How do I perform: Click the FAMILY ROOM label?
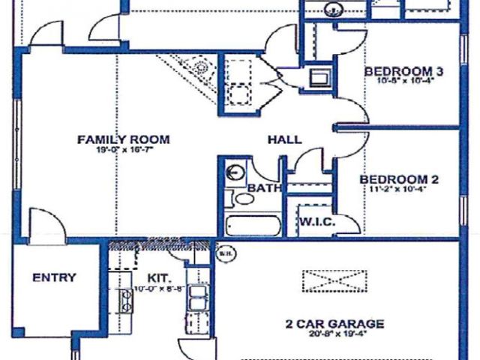[x=123, y=139]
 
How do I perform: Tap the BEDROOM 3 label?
[x=403, y=72]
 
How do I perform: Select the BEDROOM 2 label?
[x=399, y=180]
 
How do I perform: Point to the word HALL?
[x=285, y=139]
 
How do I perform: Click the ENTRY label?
[x=54, y=277]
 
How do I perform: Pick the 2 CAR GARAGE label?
[x=334, y=324]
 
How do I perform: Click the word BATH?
[x=264, y=187]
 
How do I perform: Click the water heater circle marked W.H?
[x=224, y=253]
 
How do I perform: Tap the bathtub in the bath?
[x=252, y=226]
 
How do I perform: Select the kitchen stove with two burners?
[x=127, y=300]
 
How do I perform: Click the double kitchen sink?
[x=198, y=298]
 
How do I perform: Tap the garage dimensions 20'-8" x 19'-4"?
[x=334, y=334]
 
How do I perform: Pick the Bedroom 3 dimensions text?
[x=403, y=82]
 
